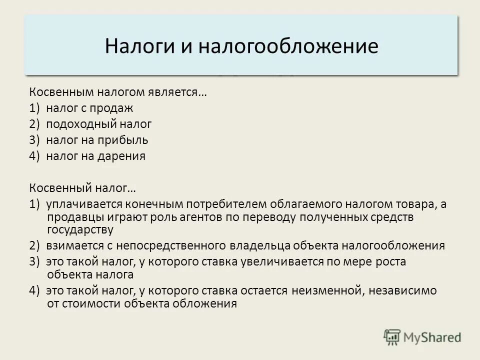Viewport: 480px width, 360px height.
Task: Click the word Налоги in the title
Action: pos(134,46)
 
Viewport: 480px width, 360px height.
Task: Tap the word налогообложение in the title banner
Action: pos(288,46)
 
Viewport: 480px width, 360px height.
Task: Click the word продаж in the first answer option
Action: pos(116,108)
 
